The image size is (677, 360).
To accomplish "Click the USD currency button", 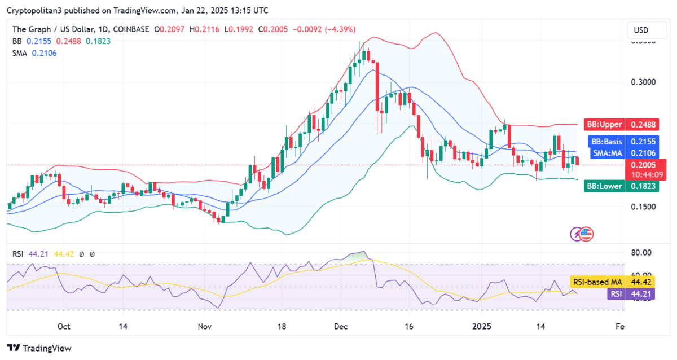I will (641, 30).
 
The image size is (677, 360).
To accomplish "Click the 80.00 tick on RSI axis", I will (642, 252).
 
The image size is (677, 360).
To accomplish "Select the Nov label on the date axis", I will (205, 326).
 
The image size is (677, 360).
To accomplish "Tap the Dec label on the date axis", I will (341, 326).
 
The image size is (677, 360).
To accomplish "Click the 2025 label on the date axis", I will (482, 326).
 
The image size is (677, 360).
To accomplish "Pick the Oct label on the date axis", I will (64, 326).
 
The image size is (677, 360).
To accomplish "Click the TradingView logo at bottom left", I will (39, 348).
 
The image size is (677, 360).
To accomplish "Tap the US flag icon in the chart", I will (587, 234).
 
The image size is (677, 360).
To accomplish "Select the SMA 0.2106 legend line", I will (35, 53).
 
